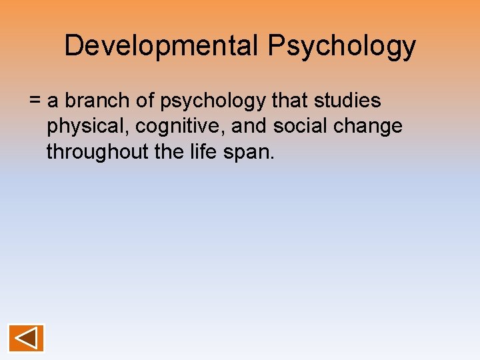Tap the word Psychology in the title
[342, 47]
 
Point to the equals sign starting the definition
[35, 101]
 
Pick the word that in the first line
[289, 101]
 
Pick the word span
[251, 153]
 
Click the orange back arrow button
[26, 337]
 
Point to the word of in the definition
[142, 101]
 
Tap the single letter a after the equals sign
[53, 102]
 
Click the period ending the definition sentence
[272, 157]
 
